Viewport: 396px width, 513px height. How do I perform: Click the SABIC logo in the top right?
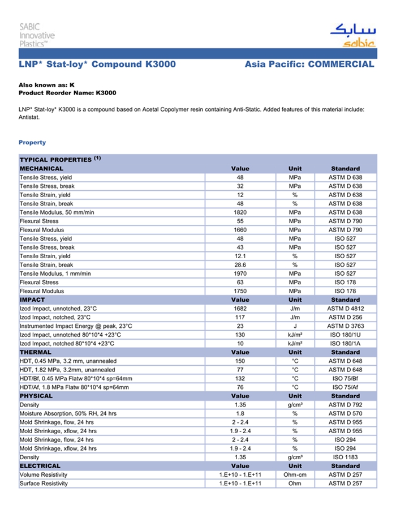click(x=352, y=36)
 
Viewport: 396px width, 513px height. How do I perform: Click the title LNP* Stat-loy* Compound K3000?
click(x=97, y=65)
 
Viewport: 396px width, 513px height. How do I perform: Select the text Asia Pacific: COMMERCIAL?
click(x=309, y=65)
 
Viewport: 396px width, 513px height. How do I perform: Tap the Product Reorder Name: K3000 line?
click(x=67, y=92)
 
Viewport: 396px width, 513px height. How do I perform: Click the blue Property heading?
click(x=32, y=142)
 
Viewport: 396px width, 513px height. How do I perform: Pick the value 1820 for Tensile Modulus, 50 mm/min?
click(x=240, y=212)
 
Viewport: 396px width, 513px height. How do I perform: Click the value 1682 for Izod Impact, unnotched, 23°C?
click(x=240, y=309)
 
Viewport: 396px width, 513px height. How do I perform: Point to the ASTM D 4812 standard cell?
click(x=345, y=309)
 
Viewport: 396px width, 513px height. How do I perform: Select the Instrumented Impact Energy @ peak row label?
click(x=76, y=326)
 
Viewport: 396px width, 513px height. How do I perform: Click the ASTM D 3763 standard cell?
click(x=345, y=326)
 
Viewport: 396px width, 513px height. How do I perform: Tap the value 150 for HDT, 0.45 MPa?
click(x=240, y=361)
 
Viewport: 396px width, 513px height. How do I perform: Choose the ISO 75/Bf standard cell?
click(x=345, y=379)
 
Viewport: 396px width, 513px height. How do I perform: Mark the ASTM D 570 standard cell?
click(x=345, y=414)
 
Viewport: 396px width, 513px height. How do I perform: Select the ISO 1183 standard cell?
click(x=345, y=458)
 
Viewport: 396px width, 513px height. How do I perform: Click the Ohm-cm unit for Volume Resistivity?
click(x=295, y=475)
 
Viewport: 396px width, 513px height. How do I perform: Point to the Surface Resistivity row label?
click(x=44, y=484)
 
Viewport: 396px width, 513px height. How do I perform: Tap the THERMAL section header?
click(x=36, y=352)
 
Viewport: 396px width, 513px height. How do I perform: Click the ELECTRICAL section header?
click(x=40, y=466)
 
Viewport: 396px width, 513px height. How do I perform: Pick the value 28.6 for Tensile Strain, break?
click(x=240, y=265)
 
